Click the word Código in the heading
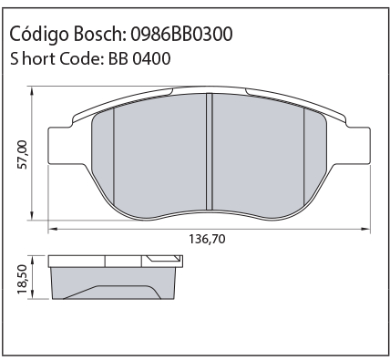click(x=39, y=35)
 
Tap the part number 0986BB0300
click(x=181, y=34)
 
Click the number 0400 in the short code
click(x=151, y=58)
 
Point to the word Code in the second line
click(x=79, y=58)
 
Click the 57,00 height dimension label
click(x=23, y=155)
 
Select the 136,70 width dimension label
click(x=208, y=239)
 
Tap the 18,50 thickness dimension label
click(x=23, y=279)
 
